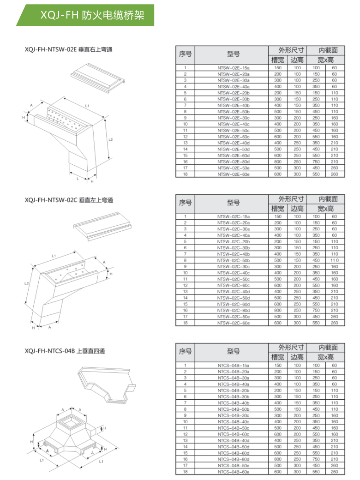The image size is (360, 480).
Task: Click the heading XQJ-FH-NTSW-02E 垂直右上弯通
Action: click(68, 49)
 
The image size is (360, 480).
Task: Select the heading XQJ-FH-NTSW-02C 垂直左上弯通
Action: click(68, 200)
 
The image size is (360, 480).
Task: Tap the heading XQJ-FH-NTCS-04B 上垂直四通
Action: click(65, 351)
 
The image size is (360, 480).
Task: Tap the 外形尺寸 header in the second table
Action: click(291, 199)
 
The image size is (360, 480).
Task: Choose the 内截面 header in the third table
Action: click(328, 347)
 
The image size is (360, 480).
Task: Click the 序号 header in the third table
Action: click(185, 352)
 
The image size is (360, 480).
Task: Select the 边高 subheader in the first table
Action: click(297, 60)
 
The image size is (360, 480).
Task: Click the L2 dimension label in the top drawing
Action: click(110, 139)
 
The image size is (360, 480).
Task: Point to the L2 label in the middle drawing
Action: click(27, 283)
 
